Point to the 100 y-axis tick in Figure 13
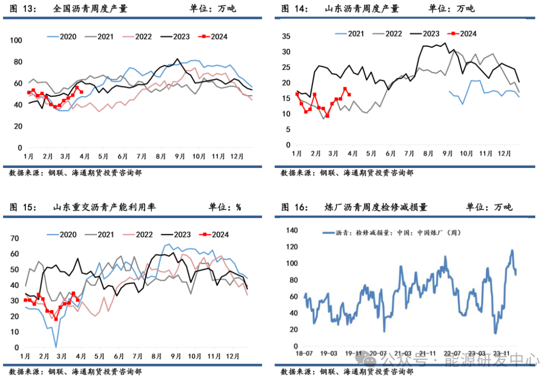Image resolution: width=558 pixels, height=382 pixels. point(16,40)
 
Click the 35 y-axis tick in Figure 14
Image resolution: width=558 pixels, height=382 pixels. point(286,36)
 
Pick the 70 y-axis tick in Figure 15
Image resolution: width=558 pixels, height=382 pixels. point(14,238)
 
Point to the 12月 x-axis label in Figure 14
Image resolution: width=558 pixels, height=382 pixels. point(504,154)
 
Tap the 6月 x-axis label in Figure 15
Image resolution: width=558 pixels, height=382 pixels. point(119,356)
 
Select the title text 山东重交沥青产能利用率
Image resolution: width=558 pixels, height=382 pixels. point(104,207)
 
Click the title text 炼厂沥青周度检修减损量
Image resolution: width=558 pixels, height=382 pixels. point(376,207)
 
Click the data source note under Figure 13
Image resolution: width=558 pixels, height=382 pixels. point(75,173)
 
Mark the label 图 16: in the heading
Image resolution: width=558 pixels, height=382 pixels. point(295,207)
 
